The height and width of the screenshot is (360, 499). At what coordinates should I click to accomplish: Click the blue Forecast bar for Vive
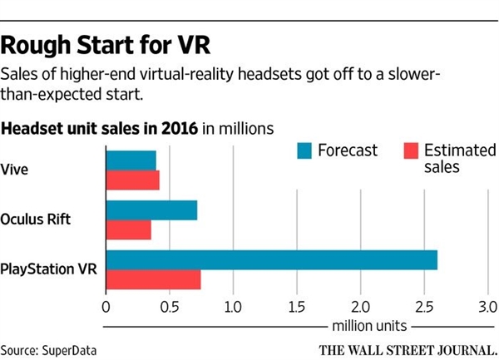[x=131, y=160]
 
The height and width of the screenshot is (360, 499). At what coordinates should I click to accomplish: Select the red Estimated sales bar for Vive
[x=132, y=180]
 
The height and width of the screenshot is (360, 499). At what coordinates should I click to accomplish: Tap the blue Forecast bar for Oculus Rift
[x=151, y=210]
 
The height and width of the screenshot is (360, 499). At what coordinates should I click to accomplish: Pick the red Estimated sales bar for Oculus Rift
[x=128, y=229]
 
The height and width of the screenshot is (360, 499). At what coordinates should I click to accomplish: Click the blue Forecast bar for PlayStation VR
[x=271, y=259]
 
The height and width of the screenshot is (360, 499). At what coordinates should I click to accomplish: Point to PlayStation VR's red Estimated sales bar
[x=153, y=280]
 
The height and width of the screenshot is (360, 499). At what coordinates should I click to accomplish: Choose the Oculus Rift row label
[x=37, y=219]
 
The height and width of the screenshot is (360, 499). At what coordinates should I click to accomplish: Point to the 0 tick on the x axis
[x=106, y=305]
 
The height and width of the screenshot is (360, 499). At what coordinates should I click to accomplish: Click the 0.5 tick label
[x=169, y=305]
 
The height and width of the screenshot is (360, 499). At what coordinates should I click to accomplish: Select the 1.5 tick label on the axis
[x=297, y=305]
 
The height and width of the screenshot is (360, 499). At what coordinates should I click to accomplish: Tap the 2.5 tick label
[x=424, y=305]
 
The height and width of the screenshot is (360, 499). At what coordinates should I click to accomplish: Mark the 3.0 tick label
[x=487, y=305]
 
